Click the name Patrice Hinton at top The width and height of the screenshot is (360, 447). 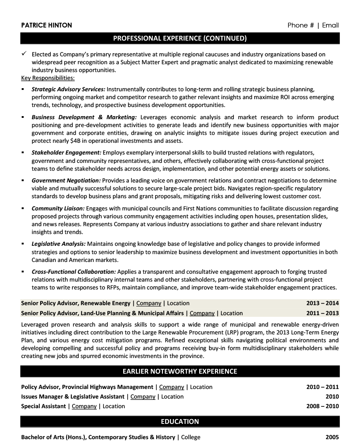[46, 25]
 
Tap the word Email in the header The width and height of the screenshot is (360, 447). [330, 25]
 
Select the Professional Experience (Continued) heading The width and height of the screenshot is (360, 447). [180, 38]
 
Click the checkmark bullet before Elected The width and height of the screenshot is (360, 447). [24, 54]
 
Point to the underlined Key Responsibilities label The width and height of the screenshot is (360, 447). [48, 78]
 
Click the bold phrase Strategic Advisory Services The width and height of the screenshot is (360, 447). [68, 89]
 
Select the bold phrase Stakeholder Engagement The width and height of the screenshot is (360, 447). [66, 152]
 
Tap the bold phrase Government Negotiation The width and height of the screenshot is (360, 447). [66, 180]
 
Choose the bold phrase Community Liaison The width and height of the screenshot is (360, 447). [58, 208]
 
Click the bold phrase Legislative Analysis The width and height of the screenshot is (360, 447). [59, 244]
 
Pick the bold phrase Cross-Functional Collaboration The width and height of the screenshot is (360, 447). [73, 272]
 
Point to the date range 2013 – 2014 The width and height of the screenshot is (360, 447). [322, 303]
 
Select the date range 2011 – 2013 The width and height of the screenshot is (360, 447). [322, 313]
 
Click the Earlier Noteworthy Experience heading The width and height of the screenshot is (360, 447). [180, 371]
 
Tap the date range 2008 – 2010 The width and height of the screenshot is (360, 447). [322, 406]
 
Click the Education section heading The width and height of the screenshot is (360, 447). [180, 421]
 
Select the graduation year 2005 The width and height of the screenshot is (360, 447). [332, 437]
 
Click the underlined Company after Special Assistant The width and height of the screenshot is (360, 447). [84, 406]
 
